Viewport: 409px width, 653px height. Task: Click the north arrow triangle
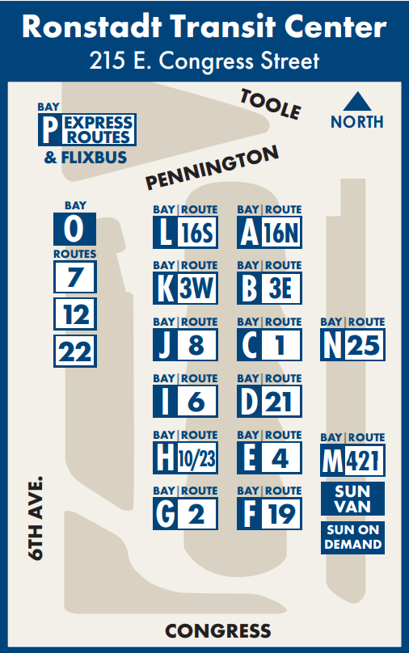click(356, 103)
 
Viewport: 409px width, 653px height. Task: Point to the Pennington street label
click(213, 167)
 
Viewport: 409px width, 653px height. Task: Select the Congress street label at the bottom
click(217, 631)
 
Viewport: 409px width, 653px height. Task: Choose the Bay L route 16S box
click(186, 233)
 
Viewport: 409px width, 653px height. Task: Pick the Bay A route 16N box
click(269, 233)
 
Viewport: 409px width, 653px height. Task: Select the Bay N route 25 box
click(352, 345)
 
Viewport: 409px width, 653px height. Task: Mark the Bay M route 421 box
click(352, 461)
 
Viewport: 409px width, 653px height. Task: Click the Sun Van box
click(352, 499)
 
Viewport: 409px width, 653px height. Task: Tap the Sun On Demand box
click(352, 537)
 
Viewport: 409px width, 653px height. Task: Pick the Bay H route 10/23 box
click(186, 458)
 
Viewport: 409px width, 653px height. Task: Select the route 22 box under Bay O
click(75, 351)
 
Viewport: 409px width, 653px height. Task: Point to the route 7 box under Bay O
click(75, 278)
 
